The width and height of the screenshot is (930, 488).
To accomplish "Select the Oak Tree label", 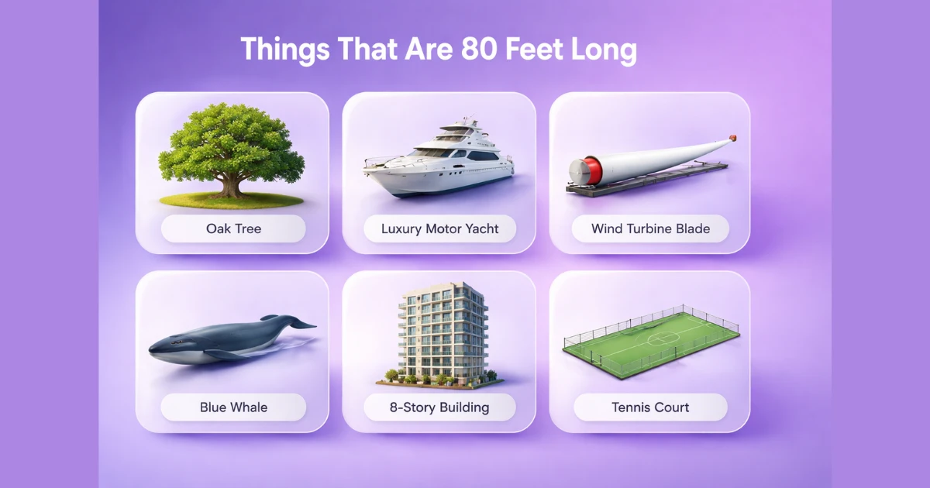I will click(233, 229).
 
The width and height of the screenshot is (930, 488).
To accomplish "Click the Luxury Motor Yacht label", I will click(439, 229).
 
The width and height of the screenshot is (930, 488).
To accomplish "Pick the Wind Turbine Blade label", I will click(649, 229).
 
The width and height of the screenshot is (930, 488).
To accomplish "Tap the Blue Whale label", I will click(233, 407).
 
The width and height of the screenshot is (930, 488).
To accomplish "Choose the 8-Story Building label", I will click(439, 407).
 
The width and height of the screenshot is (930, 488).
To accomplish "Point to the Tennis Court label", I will click(649, 407).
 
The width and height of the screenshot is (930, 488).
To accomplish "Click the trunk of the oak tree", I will click(230, 185).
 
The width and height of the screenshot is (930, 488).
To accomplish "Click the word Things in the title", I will click(284, 50).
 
